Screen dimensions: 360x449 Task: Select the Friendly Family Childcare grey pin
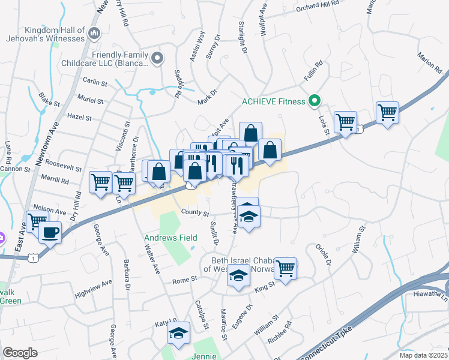click(x=158, y=58)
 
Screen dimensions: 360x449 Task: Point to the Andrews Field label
click(x=170, y=238)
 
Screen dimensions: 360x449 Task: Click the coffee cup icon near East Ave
click(x=50, y=232)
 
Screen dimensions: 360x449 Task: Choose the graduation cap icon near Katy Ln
click(x=178, y=333)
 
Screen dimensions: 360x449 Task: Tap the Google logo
click(x=20, y=353)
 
